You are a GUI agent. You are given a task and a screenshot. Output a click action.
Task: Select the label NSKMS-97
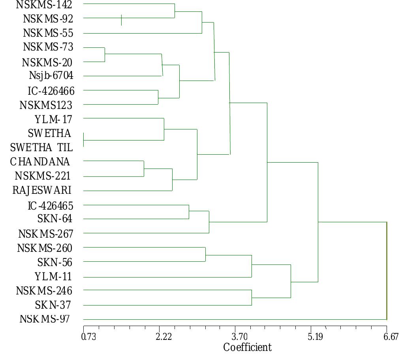[x=45, y=319]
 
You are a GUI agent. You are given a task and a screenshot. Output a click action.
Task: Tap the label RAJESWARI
[x=42, y=191]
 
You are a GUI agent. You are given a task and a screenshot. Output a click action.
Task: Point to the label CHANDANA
[x=40, y=162]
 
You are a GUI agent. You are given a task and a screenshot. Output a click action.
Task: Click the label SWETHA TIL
[x=41, y=148]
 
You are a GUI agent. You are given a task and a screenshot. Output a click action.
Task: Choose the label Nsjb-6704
[x=51, y=75]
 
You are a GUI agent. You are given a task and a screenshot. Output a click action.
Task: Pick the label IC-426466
[x=51, y=91]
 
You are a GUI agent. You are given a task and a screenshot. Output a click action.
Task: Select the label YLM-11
[x=53, y=276]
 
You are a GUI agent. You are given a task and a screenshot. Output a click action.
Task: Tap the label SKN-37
[x=54, y=305]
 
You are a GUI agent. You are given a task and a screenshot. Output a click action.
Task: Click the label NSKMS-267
[x=46, y=234]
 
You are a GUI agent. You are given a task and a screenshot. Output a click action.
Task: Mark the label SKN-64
[x=55, y=219]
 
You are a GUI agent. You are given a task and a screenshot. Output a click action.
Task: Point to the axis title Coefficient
[x=247, y=348]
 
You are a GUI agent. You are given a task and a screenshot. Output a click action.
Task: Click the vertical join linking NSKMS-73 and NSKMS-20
[x=105, y=54]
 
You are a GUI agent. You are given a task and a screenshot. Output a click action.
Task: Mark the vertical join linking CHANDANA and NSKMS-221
[x=144, y=169]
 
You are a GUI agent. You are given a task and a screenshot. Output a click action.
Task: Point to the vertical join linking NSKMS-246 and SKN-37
[x=252, y=298]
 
